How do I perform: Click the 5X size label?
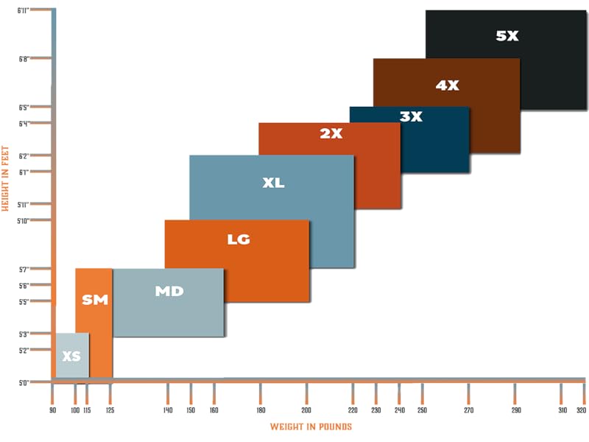pyautogui.click(x=507, y=35)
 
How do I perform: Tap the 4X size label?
pyautogui.click(x=447, y=85)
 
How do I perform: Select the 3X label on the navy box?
pyautogui.click(x=411, y=116)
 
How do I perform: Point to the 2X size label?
pyautogui.click(x=331, y=133)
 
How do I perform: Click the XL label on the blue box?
pyautogui.click(x=273, y=183)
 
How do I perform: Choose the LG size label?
pyautogui.click(x=239, y=239)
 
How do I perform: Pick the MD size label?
pyautogui.click(x=169, y=291)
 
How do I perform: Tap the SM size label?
pyautogui.click(x=95, y=300)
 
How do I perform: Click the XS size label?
pyautogui.click(x=71, y=357)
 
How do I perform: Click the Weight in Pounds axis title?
pyautogui.click(x=311, y=427)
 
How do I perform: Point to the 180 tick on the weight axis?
pyautogui.click(x=260, y=410)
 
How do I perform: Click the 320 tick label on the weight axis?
pyautogui.click(x=581, y=410)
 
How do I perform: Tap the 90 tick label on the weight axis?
pyautogui.click(x=52, y=410)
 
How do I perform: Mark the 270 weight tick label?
pyautogui.click(x=469, y=410)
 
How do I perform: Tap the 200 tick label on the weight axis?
pyautogui.click(x=306, y=410)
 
